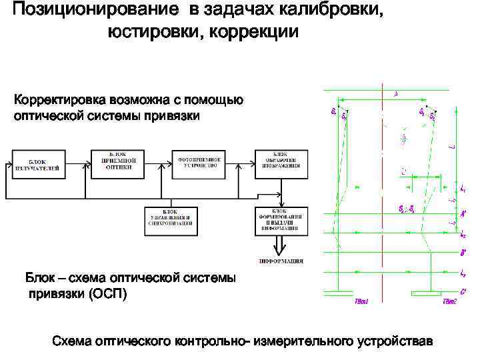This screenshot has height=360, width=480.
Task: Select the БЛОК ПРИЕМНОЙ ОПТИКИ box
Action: (119, 163)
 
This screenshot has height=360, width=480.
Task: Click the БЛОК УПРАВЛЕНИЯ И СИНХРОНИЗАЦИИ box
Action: (170, 219)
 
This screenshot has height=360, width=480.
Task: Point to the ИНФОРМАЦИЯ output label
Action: (281, 261)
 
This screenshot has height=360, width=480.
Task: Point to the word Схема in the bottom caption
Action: (73, 341)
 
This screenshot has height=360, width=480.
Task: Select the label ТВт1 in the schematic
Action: (361, 301)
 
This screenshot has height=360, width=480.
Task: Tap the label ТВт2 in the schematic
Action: (450, 301)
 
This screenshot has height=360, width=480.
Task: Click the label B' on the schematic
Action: (463, 253)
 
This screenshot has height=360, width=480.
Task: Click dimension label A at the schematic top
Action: (396, 94)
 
